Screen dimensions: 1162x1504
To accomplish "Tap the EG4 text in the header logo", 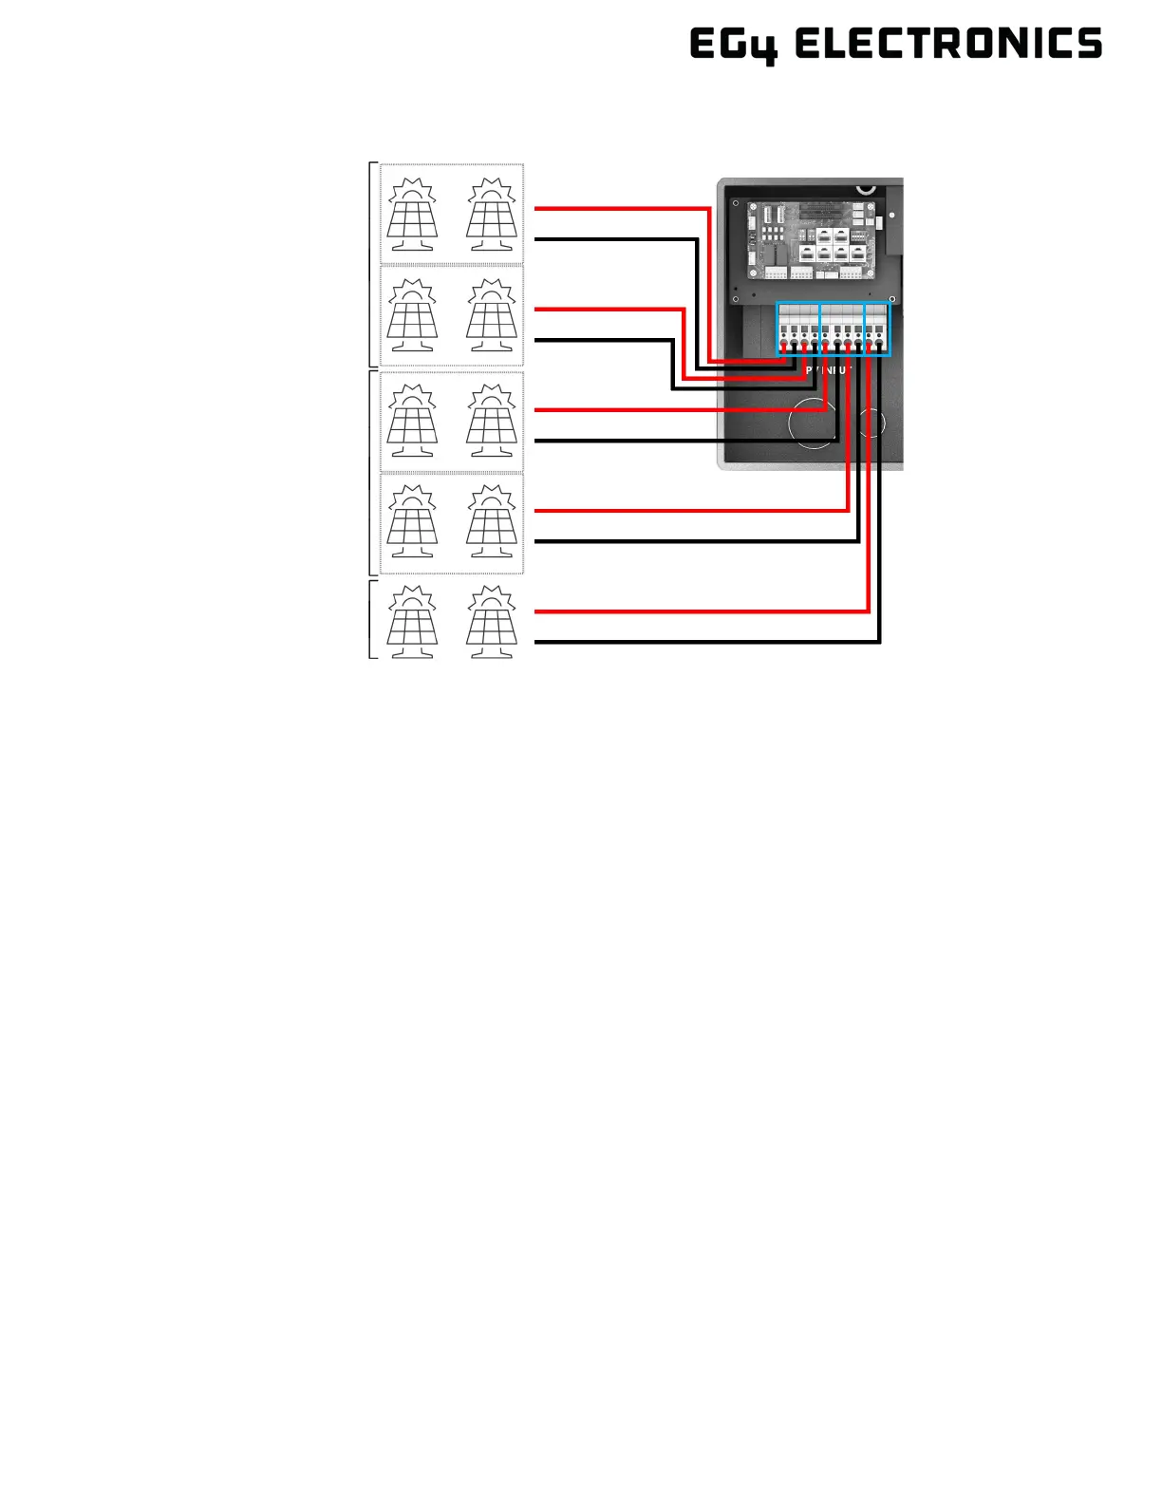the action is [733, 45].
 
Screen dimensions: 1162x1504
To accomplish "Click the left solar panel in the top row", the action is [412, 214].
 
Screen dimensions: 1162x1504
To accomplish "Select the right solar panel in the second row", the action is [492, 314].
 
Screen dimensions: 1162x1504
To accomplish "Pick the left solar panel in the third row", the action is [412, 421].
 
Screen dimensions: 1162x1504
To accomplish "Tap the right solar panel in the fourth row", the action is [492, 521].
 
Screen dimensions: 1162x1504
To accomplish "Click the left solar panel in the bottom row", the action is [412, 621].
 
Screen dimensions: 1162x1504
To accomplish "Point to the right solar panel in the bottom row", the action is [492, 621].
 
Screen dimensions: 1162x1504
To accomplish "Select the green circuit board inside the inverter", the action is [811, 239].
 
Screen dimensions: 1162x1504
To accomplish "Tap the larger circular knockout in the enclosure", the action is [814, 423].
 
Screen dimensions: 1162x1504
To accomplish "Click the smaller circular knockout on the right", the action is [871, 422].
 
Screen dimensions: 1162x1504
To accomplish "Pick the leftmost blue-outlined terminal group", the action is [798, 329].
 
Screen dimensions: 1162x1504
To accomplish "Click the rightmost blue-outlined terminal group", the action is [877, 329].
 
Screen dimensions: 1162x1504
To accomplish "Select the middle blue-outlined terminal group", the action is [842, 329].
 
